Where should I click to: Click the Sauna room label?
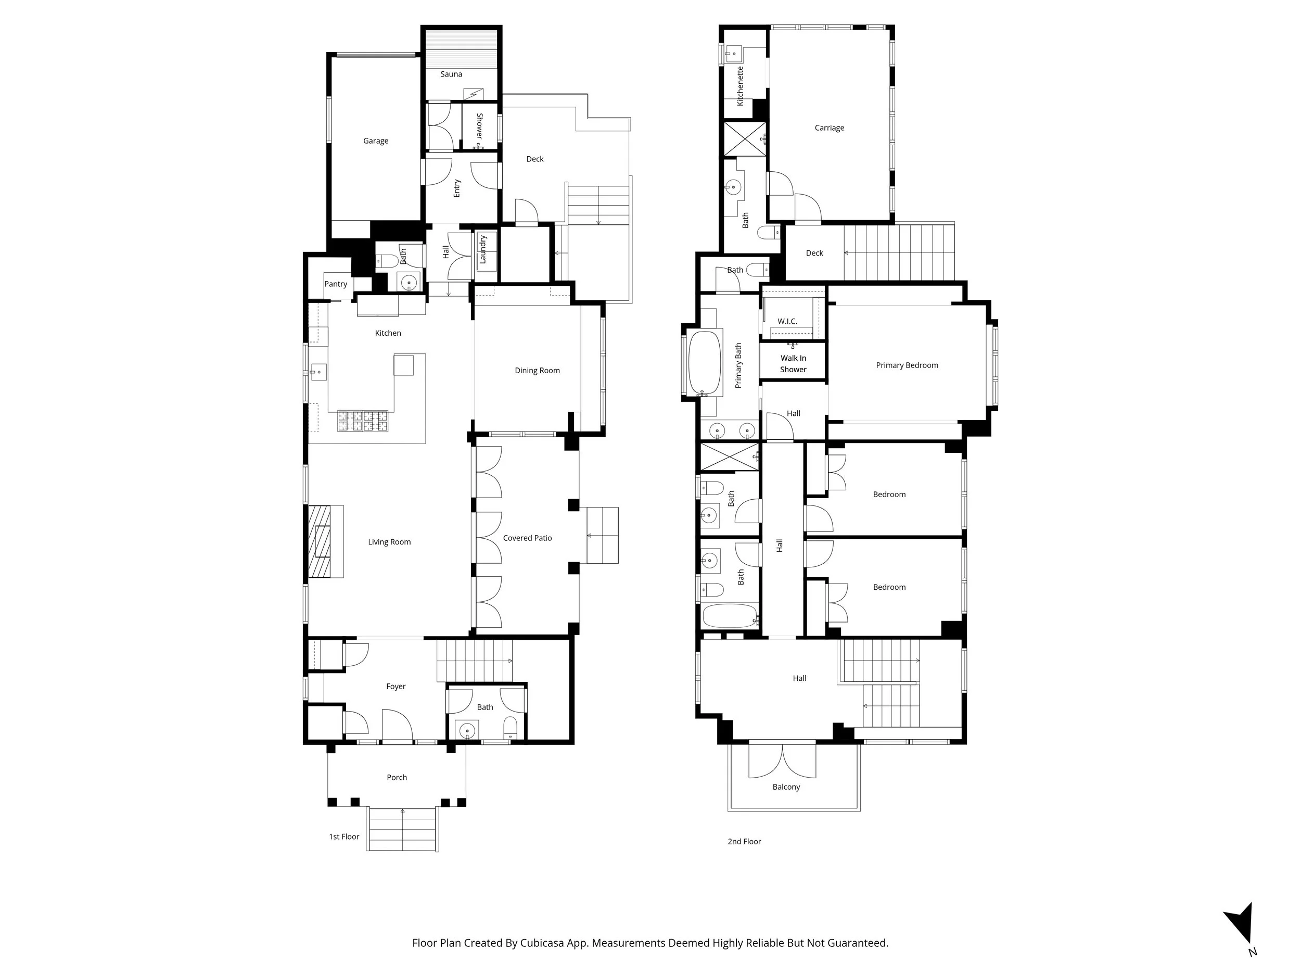[x=451, y=74]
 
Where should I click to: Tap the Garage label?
[x=375, y=141]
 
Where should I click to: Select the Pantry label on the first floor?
[x=336, y=284]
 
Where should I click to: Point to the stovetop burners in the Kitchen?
[x=362, y=421]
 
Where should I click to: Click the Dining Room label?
[x=537, y=370]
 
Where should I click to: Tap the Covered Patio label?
[x=527, y=538]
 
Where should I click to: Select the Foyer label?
[x=396, y=686]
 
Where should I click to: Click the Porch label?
[x=397, y=777]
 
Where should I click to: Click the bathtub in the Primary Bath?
[x=705, y=363]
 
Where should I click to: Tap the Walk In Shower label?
[x=793, y=363]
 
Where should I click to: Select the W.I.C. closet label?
[x=787, y=321]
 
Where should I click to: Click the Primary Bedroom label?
[x=907, y=365]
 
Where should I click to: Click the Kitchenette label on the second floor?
[x=741, y=86]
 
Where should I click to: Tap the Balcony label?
[x=786, y=787]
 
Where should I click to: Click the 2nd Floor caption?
[x=744, y=841]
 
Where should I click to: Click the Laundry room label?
[x=483, y=249]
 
